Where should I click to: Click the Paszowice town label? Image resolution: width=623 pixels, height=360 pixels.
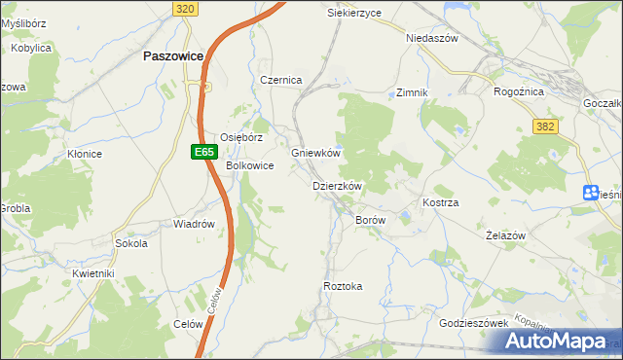click(x=172, y=56)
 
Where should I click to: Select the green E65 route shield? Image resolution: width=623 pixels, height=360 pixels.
click(x=202, y=152)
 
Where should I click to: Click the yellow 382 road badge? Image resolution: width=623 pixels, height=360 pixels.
click(x=544, y=126)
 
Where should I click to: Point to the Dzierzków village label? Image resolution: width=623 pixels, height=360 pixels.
click(x=337, y=186)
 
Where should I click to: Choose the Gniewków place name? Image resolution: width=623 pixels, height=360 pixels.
click(x=315, y=154)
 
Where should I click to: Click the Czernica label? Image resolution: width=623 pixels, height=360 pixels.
click(x=281, y=80)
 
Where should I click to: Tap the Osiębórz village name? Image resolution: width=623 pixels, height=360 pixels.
click(x=241, y=138)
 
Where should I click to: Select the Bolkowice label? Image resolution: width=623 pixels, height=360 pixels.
click(x=250, y=166)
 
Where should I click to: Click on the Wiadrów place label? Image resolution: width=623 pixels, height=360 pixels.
click(x=194, y=224)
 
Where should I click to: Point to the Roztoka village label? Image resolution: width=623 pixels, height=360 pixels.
click(x=343, y=286)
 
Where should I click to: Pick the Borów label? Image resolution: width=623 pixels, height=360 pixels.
click(x=371, y=221)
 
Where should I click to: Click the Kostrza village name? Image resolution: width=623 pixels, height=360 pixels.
click(x=440, y=202)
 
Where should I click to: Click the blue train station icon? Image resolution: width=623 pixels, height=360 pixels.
click(x=590, y=193)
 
